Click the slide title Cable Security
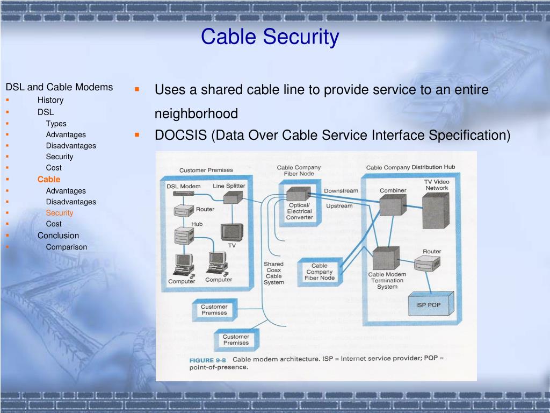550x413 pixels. (x=270, y=37)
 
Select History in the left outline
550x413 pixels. (x=50, y=100)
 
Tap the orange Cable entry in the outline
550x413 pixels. (x=49, y=179)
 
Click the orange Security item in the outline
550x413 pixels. (x=60, y=213)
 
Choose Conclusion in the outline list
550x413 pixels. (x=58, y=236)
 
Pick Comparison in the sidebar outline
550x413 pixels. (x=66, y=247)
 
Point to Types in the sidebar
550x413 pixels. (x=56, y=124)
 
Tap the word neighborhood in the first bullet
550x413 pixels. (x=196, y=114)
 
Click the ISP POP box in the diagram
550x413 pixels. (x=428, y=305)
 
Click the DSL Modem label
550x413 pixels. (x=183, y=186)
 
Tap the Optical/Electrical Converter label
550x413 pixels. (x=299, y=211)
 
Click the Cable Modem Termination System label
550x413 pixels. (x=387, y=280)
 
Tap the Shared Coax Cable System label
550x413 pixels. (x=273, y=273)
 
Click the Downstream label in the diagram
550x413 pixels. (x=341, y=191)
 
